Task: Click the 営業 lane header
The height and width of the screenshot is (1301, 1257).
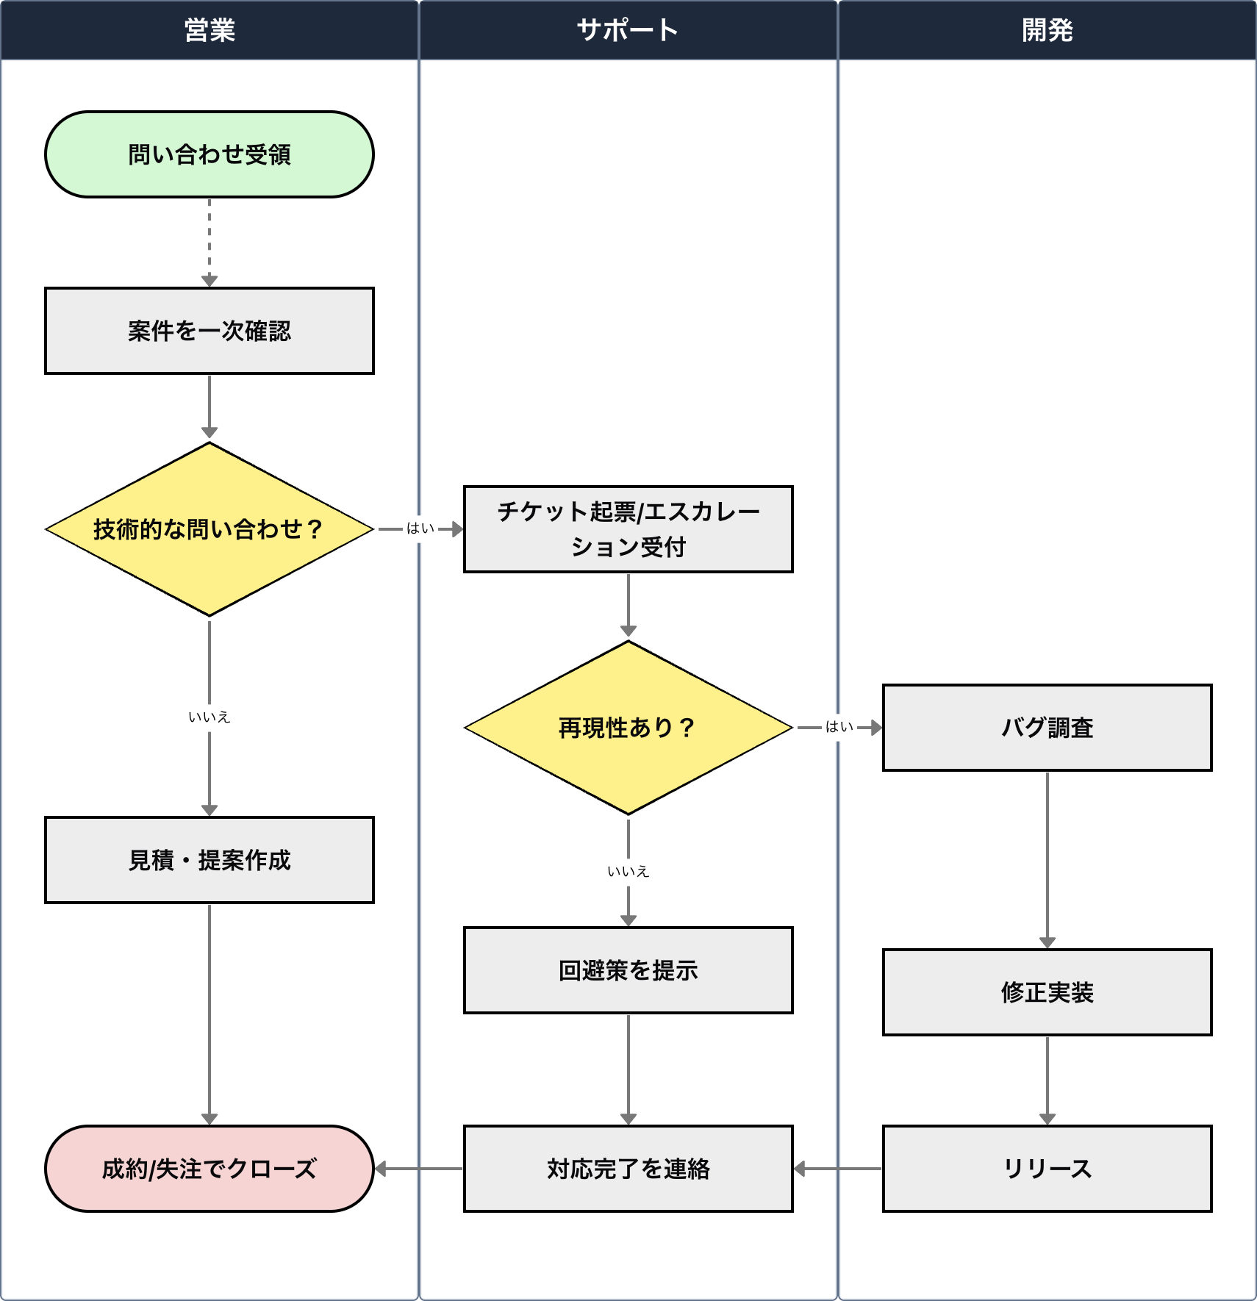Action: coord(209,30)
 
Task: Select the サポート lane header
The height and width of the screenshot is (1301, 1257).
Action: coord(628,30)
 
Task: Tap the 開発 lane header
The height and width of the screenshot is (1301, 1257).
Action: coord(1047,30)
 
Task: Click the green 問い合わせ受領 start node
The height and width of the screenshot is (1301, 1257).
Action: coord(209,154)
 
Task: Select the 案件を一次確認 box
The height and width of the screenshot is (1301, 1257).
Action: coord(209,331)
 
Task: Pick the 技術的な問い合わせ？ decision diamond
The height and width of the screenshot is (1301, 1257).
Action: coord(209,529)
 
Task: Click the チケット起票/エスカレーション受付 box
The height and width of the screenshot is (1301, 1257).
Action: coord(628,529)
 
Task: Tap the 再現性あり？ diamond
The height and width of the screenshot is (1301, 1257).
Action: coord(628,728)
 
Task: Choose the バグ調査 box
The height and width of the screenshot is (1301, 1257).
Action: coord(1047,728)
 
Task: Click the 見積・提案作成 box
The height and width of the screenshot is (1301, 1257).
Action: coord(209,860)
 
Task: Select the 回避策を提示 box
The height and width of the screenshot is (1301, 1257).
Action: coord(628,970)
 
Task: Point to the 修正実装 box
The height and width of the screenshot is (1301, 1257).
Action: coord(1047,992)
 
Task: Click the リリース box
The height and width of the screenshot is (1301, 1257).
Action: coord(1047,1169)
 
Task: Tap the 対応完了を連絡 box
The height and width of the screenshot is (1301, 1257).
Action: coord(628,1169)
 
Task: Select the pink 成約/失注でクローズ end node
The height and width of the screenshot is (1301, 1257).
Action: coord(209,1169)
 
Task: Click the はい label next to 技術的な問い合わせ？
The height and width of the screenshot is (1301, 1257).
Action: coord(420,528)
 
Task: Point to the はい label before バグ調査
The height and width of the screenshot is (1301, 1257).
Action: coord(839,727)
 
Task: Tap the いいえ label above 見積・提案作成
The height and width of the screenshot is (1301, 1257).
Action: coord(209,717)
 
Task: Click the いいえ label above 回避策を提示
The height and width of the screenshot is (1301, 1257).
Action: coord(628,871)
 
